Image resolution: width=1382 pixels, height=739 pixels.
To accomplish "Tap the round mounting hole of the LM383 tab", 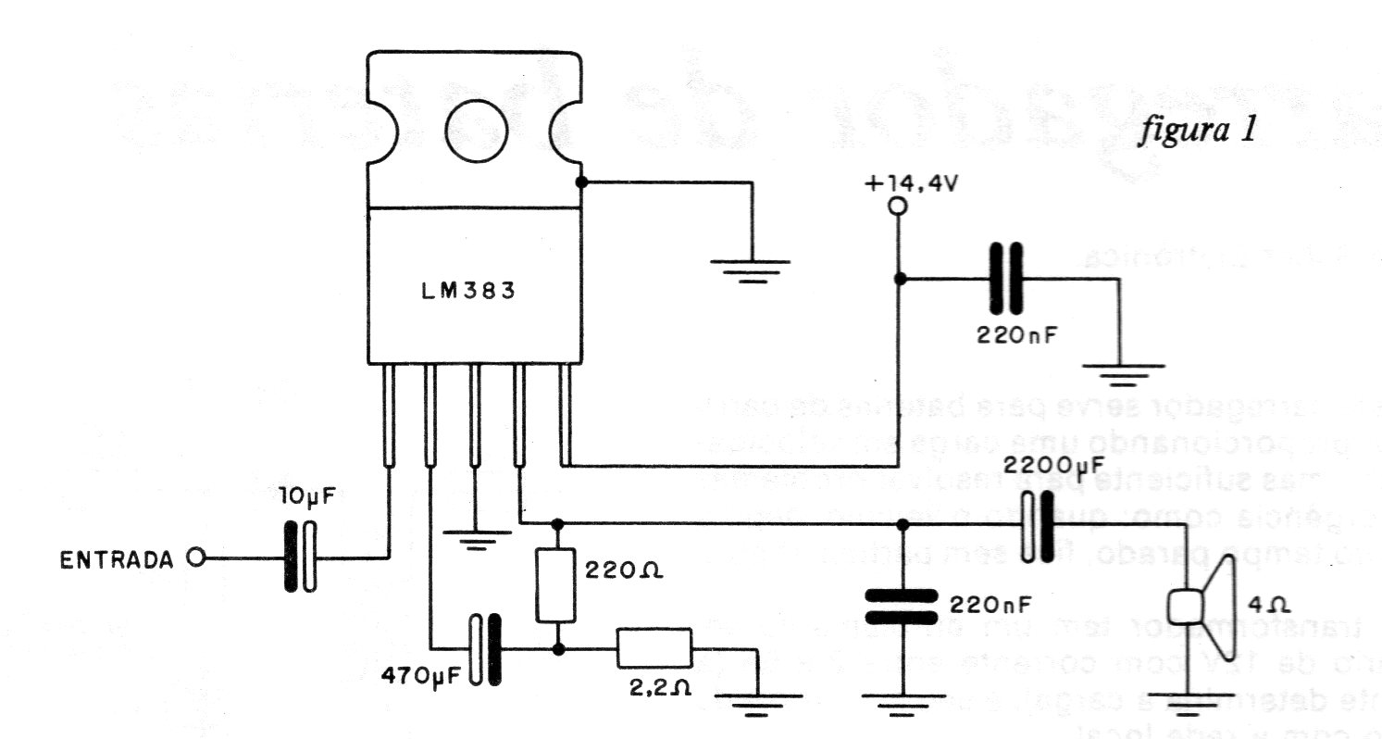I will (x=476, y=131).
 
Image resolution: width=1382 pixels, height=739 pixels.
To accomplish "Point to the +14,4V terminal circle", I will (x=896, y=207).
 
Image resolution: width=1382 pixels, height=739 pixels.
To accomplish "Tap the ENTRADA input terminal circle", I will (x=194, y=558).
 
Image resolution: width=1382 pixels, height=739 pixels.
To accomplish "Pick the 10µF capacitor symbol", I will (x=298, y=557).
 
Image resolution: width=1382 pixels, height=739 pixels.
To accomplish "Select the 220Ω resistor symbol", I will (x=557, y=583).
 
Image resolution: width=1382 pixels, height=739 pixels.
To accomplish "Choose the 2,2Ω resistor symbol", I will (x=654, y=648).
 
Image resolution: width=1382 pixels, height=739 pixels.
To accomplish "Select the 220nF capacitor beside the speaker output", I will (x=903, y=606).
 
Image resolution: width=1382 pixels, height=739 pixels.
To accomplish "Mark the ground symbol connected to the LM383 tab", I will (x=751, y=269).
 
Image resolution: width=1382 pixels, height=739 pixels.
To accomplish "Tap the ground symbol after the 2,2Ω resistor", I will (x=758, y=705).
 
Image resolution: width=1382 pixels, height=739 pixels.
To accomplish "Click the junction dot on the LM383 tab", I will (x=581, y=182).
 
